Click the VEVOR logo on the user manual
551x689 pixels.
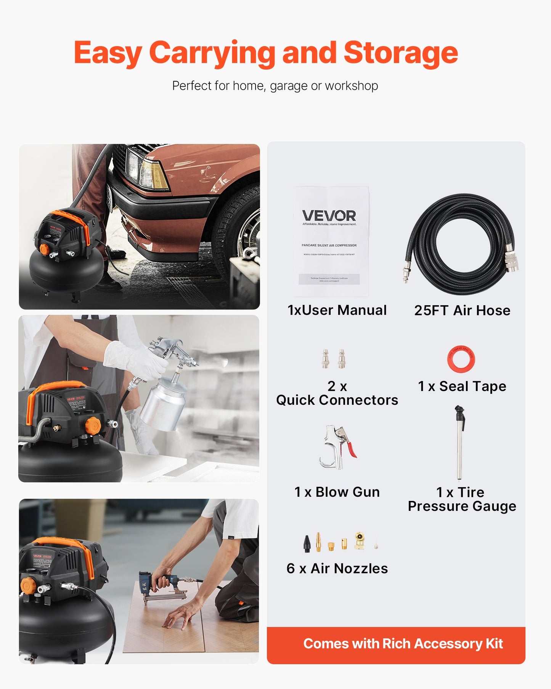coord(329,216)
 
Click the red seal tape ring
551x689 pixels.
coord(461,359)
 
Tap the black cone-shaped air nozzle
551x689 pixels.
coord(307,544)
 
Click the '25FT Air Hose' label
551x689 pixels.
coord(462,311)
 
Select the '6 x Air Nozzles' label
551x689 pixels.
coord(337,568)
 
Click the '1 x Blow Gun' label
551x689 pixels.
coord(337,492)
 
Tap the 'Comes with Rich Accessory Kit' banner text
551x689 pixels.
coord(403,644)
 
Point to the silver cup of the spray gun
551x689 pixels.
coord(163,408)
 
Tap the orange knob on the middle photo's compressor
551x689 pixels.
coord(92,425)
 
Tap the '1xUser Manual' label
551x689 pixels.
coord(337,310)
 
